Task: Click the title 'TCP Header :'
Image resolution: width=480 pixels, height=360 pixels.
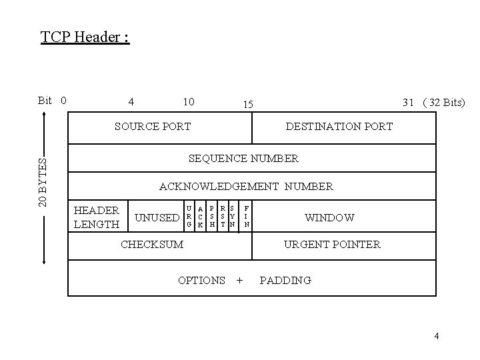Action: pyautogui.click(x=85, y=36)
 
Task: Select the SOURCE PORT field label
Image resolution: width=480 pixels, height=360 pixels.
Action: pyautogui.click(x=153, y=126)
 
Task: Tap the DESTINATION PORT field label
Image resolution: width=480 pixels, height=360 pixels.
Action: pyautogui.click(x=339, y=126)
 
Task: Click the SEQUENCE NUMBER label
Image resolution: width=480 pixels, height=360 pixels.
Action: pyautogui.click(x=244, y=159)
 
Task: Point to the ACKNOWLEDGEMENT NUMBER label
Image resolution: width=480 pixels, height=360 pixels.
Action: pyautogui.click(x=246, y=187)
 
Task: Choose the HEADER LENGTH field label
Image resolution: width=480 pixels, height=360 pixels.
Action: pyautogui.click(x=96, y=217)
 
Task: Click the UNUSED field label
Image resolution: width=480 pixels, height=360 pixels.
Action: pyautogui.click(x=157, y=217)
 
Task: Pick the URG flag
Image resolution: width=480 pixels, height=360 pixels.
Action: pyautogui.click(x=189, y=217)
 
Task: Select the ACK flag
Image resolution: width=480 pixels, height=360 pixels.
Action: pyautogui.click(x=200, y=217)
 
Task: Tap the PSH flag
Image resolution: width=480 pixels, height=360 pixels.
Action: pyautogui.click(x=212, y=217)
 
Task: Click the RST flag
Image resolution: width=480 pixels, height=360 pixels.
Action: pyautogui.click(x=222, y=217)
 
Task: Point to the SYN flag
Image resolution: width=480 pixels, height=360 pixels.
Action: pyautogui.click(x=232, y=217)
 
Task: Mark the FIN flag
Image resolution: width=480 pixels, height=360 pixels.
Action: pyautogui.click(x=247, y=217)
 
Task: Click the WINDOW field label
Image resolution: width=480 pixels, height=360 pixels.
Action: pyautogui.click(x=329, y=217)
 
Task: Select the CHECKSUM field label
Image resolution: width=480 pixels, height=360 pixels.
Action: pyautogui.click(x=151, y=244)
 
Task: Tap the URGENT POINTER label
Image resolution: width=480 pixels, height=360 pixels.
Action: pyautogui.click(x=332, y=244)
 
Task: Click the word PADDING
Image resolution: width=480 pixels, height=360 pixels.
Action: pyautogui.click(x=285, y=280)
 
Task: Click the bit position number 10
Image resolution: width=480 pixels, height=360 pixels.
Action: pyautogui.click(x=189, y=101)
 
